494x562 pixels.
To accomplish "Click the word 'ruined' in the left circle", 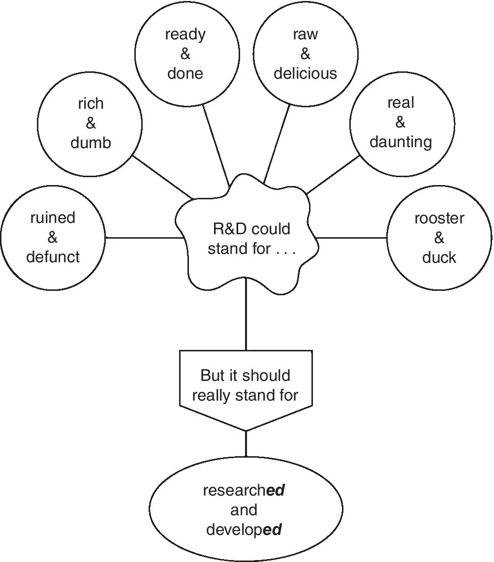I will click(53, 218).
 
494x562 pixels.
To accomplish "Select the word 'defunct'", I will click(53, 257).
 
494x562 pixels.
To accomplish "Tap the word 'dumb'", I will click(91, 143).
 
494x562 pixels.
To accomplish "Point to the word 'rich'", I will click(91, 104).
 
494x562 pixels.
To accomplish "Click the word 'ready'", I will click(185, 34).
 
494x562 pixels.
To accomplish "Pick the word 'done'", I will click(185, 73).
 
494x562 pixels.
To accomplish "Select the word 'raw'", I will click(306, 34).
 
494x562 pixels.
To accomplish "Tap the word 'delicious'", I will click(306, 73).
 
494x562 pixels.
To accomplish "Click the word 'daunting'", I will click(401, 142).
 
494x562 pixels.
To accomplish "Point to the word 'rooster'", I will click(439, 219).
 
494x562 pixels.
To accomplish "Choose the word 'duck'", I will click(439, 257).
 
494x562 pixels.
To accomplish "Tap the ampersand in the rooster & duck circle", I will click(439, 238).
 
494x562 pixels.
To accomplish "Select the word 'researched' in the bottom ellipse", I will click(244, 491).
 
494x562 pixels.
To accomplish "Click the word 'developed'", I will click(244, 530).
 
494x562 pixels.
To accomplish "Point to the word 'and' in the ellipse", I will click(244, 510).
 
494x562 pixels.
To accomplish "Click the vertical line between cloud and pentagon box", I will click(246, 320).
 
